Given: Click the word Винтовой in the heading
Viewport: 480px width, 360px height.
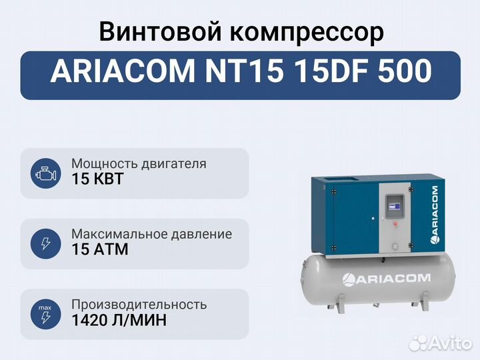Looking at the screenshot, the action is coord(160,32).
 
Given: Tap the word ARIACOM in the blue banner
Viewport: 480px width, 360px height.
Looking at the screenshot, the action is coord(123,71).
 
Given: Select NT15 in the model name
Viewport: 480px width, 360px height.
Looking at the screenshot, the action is coord(244,71).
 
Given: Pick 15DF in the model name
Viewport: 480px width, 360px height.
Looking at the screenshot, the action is coord(331,71).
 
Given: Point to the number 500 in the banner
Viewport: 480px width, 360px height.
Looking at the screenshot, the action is coord(405,71).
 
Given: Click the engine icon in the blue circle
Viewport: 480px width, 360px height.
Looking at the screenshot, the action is coord(45,173).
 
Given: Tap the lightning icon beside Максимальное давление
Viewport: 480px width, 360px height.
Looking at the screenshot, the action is coord(45,244).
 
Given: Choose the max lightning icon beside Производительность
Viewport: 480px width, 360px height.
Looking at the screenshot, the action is coord(45,315).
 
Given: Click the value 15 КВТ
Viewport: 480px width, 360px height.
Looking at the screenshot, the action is coord(97,179).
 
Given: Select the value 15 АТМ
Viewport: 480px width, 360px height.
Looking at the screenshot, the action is coord(100,249).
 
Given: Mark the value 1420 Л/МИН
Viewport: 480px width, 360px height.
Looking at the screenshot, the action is coord(119,320).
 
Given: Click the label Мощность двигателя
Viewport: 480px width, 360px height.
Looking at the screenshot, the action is coord(139,164).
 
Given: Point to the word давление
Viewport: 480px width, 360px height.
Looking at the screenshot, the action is coord(201,235).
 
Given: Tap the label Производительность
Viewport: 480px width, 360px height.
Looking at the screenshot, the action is coord(139,305).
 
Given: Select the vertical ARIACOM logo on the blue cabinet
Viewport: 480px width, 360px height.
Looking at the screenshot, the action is coord(434,215).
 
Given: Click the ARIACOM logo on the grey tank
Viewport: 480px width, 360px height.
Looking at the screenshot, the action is coord(386,279).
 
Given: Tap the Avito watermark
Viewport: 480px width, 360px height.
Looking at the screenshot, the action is coord(440,343).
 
